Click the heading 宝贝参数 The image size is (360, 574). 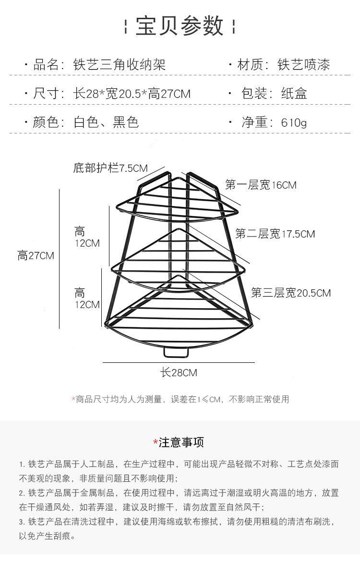(x=180, y=26)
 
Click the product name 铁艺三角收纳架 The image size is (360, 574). (x=120, y=64)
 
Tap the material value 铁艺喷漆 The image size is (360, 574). (x=304, y=64)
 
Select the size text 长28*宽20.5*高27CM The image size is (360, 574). (x=132, y=94)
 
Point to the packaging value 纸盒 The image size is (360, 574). (x=294, y=94)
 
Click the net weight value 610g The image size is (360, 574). (x=294, y=122)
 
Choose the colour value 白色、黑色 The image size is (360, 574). (x=106, y=122)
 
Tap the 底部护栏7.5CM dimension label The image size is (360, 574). (x=110, y=168)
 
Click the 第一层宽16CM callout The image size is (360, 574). (x=261, y=185)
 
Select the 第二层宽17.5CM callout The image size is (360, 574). (x=275, y=234)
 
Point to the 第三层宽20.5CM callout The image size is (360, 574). (x=291, y=293)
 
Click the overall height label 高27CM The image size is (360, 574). (x=36, y=255)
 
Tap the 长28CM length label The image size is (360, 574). (x=179, y=372)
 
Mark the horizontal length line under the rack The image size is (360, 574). (x=179, y=363)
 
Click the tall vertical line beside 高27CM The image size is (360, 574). (x=60, y=259)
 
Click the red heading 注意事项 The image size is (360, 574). (x=179, y=442)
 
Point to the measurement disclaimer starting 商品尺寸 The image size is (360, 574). (x=180, y=399)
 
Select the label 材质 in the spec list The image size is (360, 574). (x=250, y=64)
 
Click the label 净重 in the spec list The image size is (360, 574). (x=254, y=122)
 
